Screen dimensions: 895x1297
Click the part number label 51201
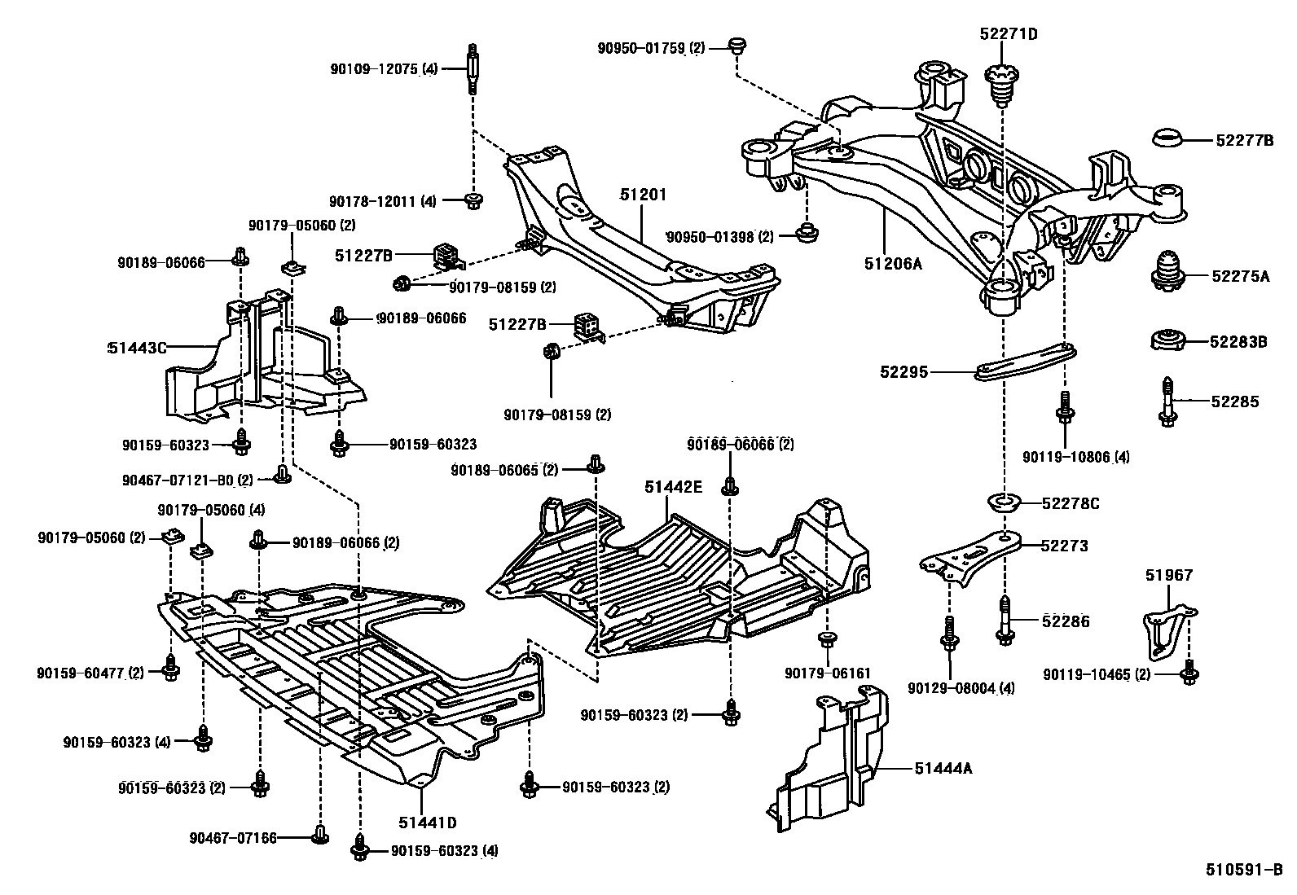(643, 195)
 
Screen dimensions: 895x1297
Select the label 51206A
(894, 263)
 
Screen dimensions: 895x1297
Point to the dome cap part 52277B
(1171, 139)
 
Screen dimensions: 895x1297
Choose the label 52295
(904, 372)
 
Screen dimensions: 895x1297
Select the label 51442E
(673, 486)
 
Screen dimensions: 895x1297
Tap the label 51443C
(137, 348)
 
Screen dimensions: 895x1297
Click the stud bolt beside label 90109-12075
(472, 69)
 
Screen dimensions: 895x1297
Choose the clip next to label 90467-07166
(320, 834)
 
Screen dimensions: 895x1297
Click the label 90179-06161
(828, 673)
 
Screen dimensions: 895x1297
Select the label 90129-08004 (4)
(961, 688)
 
